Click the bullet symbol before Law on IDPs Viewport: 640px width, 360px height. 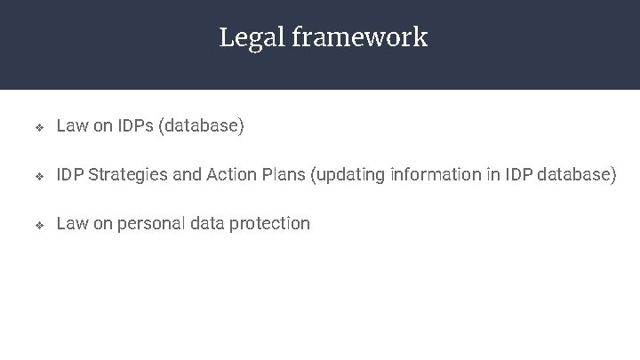coord(38,127)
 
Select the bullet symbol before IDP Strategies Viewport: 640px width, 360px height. coord(38,176)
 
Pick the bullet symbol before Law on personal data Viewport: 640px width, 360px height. coord(38,225)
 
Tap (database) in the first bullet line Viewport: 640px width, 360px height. coord(201,126)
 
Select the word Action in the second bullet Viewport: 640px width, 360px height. coord(230,175)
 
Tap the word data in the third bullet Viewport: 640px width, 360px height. coord(206,224)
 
